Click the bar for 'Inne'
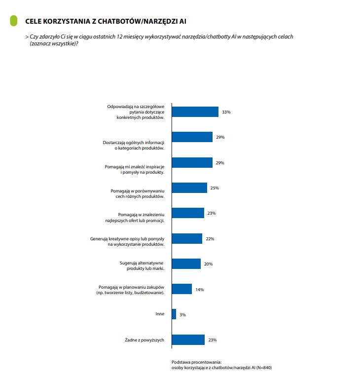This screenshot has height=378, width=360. point(174,314)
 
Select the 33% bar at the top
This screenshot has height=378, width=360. point(195,112)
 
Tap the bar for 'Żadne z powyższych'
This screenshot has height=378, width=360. point(188,340)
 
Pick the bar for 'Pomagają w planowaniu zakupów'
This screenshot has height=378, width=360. point(181,289)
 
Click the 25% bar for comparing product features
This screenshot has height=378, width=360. point(189,188)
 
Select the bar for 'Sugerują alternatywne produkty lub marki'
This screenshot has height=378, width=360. point(186,264)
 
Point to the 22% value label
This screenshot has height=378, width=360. point(210,239)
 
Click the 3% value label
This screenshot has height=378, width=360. point(182,314)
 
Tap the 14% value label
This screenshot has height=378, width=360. point(199,289)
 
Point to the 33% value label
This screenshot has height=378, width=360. point(226,112)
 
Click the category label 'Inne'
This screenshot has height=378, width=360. point(159,314)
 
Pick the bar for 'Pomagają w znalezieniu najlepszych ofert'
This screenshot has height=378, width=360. point(188,213)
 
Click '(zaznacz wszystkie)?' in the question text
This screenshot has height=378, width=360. point(54,43)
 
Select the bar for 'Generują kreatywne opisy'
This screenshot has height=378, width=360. point(187,239)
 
